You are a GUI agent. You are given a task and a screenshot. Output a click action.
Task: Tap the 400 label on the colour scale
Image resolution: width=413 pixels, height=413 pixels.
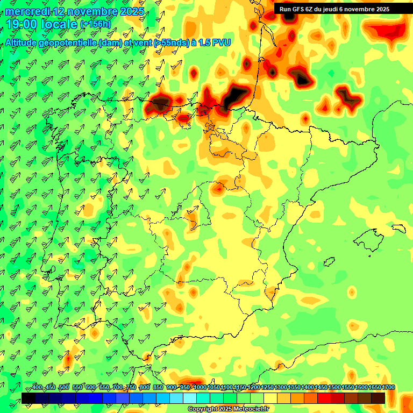[37, 387]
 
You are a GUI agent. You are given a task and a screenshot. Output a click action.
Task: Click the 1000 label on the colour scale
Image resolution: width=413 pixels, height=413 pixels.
[200, 387]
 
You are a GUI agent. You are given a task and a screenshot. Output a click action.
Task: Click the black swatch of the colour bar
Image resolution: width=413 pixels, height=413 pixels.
[29, 398]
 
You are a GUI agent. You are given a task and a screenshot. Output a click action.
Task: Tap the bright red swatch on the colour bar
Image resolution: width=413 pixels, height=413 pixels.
[324, 398]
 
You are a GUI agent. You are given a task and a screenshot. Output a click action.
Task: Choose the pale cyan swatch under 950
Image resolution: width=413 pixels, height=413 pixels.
[190, 398]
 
